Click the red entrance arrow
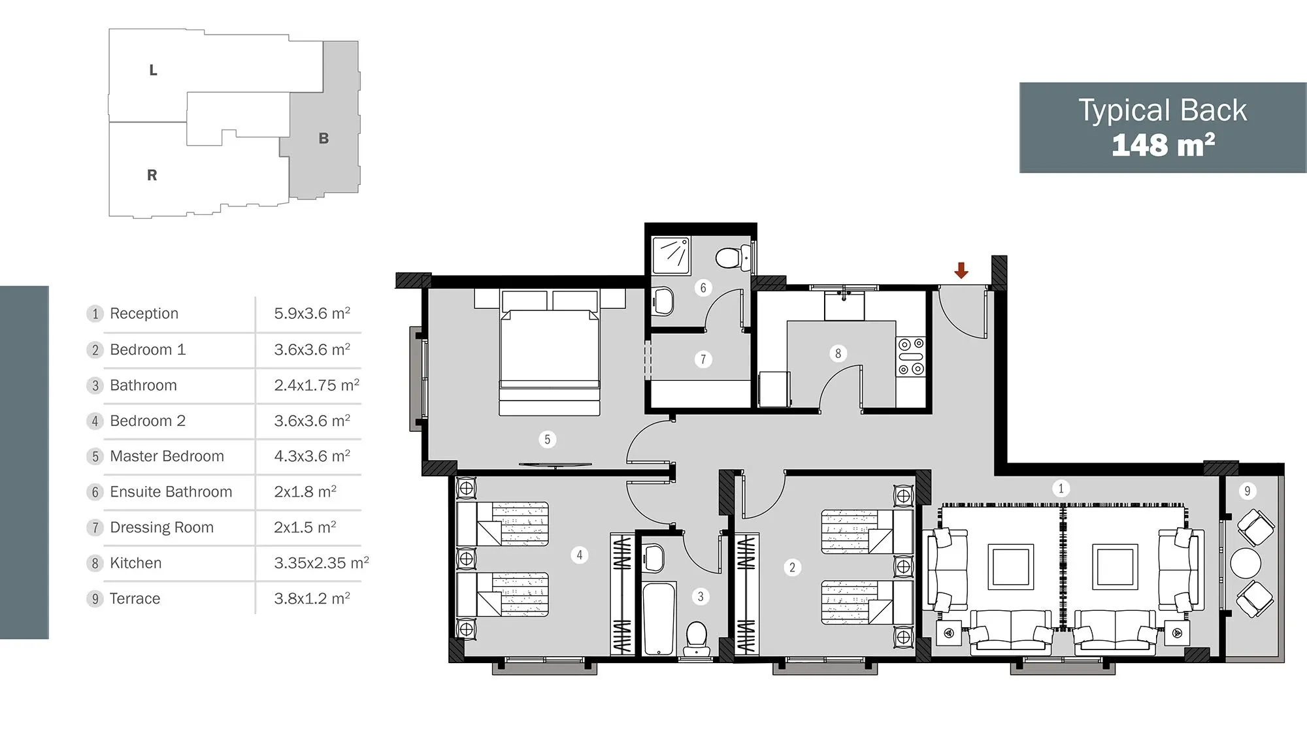pos(961,270)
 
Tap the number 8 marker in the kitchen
pos(838,353)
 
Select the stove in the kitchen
pos(911,357)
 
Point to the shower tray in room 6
pos(671,255)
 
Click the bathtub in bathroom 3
pos(659,618)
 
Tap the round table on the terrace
pos(1246,563)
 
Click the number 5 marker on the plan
pos(548,440)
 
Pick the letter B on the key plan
pos(323,139)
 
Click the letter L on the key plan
pos(153,70)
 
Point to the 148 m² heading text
pos(1163,144)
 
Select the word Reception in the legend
pos(144,314)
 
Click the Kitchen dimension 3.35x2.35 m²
pos(322,563)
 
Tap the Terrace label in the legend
pos(135,598)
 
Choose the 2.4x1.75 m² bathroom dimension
pos(317,385)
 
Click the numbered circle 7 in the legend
pos(95,528)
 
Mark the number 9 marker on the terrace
pos(1247,491)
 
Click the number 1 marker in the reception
pos(1061,488)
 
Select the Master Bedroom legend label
pos(167,456)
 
